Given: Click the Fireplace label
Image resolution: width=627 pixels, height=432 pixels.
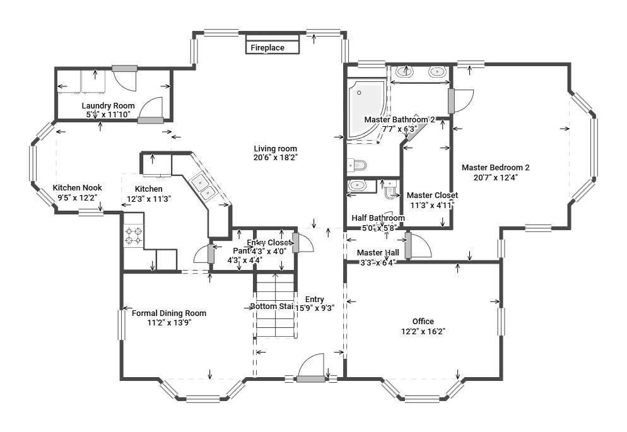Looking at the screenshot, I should [267, 48].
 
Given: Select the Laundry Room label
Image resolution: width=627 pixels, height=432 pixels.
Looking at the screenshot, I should [108, 105].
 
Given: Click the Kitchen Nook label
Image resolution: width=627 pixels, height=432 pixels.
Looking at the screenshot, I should [77, 188].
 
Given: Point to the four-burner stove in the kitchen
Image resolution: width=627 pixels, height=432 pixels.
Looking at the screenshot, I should [133, 236].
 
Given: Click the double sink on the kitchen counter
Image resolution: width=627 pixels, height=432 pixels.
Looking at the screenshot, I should [203, 185].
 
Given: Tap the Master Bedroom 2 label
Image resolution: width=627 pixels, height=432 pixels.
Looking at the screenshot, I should [495, 168].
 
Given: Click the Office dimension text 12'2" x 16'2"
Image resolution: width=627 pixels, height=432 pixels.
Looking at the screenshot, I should [423, 330].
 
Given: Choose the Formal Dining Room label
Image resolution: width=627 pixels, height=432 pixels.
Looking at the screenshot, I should [168, 313].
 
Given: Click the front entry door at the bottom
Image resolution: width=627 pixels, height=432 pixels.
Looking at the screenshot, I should [311, 369].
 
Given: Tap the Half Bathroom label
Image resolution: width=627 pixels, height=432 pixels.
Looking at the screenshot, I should [378, 218].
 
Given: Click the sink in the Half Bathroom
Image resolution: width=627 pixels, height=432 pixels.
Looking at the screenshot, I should [358, 185].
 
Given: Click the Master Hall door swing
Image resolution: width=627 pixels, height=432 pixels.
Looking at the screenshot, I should [418, 247].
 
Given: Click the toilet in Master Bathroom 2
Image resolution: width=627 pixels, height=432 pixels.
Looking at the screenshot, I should [357, 165].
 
